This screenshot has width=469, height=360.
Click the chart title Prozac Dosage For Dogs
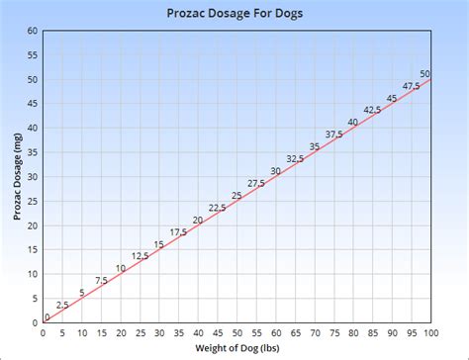pos(234,13)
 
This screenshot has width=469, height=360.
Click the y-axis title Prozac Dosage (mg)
pos(17,177)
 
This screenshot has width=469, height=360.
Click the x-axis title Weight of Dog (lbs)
pos(234,349)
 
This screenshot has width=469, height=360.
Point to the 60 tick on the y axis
pos(32,31)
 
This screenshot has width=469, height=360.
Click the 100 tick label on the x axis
pos(429,331)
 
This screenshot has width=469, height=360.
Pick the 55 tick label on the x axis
pos(255,331)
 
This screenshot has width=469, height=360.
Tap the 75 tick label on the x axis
pos(332,331)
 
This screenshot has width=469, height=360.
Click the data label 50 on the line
pos(424,74)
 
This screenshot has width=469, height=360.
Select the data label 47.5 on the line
pos(411,86)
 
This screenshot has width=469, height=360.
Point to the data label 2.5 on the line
pos(61,305)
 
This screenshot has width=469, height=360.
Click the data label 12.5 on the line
pos(140,256)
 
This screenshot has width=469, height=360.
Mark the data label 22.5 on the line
pos(217,208)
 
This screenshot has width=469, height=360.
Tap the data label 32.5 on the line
pos(295,159)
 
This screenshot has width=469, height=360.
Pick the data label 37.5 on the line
pos(334,135)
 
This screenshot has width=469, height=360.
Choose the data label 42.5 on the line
pos(372,110)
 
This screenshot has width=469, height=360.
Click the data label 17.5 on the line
pos(178,232)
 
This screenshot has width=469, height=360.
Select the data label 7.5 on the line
pos(101,281)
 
